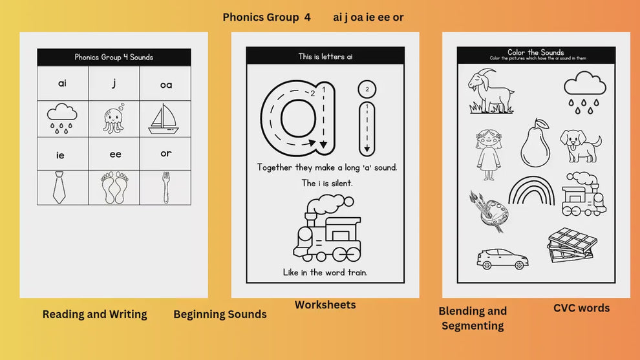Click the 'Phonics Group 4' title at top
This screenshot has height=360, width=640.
pos(266,17)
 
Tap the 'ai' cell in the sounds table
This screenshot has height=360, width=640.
pos(62,83)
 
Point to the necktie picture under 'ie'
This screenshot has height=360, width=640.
pos(62,187)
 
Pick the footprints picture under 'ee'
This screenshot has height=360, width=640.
pos(113,187)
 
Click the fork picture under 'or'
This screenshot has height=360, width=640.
pos(165,187)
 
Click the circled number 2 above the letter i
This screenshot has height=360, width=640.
pos(367,89)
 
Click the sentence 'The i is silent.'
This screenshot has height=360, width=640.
pos(326,183)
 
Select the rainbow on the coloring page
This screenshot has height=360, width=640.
pos(531,191)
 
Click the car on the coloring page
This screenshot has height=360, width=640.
pos(502,259)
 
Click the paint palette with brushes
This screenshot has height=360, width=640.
pos(489,211)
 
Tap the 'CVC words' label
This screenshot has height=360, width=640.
pos(581,308)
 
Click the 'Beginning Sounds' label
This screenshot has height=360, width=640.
pos(220,314)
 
